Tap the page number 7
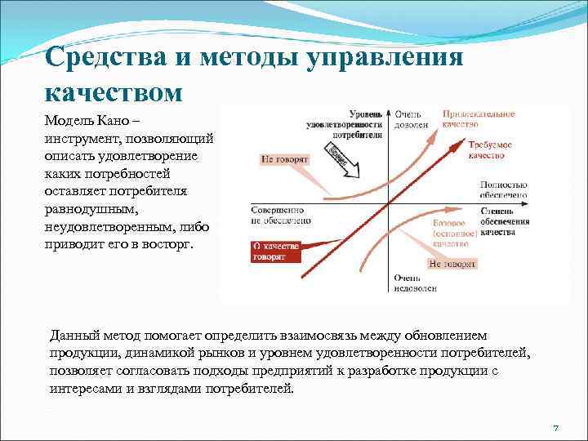555,428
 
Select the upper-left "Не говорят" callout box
284,160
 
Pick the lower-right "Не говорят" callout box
452,264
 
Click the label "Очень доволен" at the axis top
408,121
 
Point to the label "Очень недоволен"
414,283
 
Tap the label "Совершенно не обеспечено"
282,214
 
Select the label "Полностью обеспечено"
503,190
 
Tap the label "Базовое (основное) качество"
453,233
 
